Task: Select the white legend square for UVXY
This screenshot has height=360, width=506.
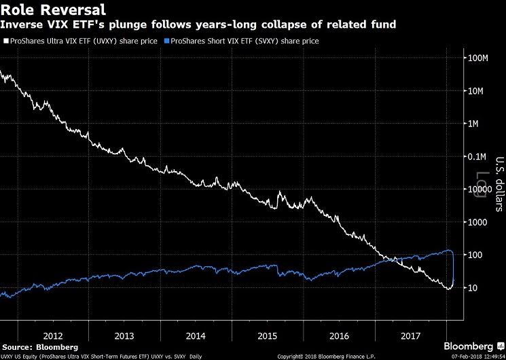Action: [x=6, y=41]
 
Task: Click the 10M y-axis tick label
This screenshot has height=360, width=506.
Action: [x=481, y=91]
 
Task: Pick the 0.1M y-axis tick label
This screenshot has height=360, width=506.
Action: [x=480, y=157]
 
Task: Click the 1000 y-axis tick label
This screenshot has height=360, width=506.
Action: [x=480, y=222]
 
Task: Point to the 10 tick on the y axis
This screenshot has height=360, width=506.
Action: [x=475, y=288]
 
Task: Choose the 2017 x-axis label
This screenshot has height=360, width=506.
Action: [x=410, y=336]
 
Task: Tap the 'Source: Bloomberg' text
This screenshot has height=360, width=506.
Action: [x=39, y=346]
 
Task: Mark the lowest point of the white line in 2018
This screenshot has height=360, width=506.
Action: [x=448, y=289]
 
